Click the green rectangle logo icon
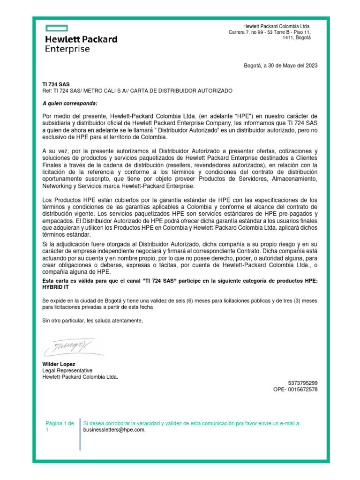pos(56,28)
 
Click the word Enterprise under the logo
pos(67,49)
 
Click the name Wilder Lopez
pos(59,364)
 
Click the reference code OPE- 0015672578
pos(295,390)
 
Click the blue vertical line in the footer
pos(80,434)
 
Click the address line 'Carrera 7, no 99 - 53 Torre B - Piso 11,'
pos(270,32)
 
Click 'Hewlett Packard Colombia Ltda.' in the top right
pos(277,26)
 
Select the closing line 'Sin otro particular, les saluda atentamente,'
pos(92,321)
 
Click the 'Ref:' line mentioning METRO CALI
pos(137,90)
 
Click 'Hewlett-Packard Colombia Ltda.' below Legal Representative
pos(80,376)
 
